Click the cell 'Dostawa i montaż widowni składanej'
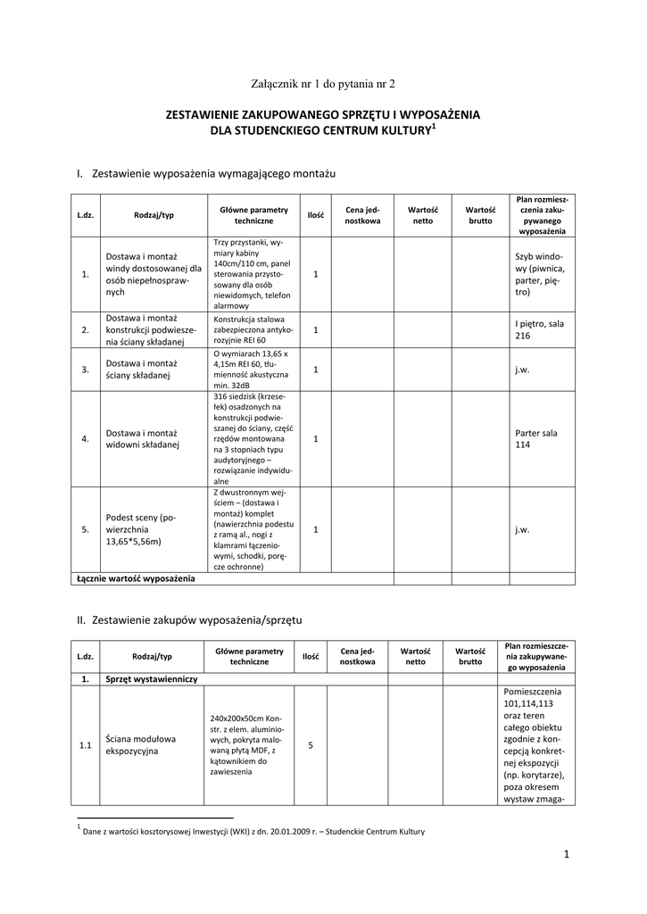pyautogui.click(x=143, y=438)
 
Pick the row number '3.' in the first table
pyautogui.click(x=85, y=369)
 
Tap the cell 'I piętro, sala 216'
pyautogui.click(x=539, y=329)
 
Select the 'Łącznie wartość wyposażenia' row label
pyautogui.click(x=136, y=578)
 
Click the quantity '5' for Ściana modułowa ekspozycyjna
pyautogui.click(x=310, y=745)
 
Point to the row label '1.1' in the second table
pyautogui.click(x=85, y=745)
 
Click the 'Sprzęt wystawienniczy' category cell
pyautogui.click(x=151, y=679)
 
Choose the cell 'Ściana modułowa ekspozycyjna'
pyautogui.click(x=140, y=745)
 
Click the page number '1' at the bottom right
pyautogui.click(x=566, y=855)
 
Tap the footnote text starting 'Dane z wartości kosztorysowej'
pyautogui.click(x=253, y=832)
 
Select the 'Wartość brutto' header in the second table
pyautogui.click(x=470, y=657)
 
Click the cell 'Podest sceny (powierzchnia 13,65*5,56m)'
pyautogui.click(x=141, y=529)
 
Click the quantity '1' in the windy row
pyautogui.click(x=316, y=274)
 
